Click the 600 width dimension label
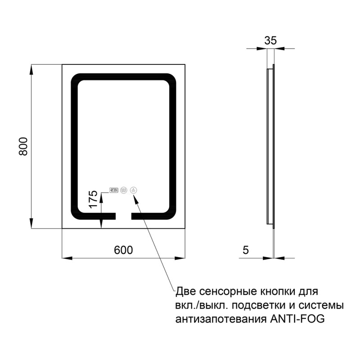pyautogui.click(x=123, y=250)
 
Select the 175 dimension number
pyautogui.click(x=93, y=199)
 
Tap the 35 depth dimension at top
pyautogui.click(x=270, y=40)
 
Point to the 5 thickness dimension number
pyautogui.click(x=245, y=250)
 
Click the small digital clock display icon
pyautogui.click(x=113, y=190)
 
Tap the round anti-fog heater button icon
pyautogui.click(x=124, y=190)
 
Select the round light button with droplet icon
pyautogui.click(x=134, y=190)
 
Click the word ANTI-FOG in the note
pyautogui.click(x=297, y=319)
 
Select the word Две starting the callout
pyautogui.click(x=185, y=291)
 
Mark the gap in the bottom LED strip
pyautogui.click(x=123, y=216)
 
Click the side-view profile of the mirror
pyautogui.click(x=270, y=144)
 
